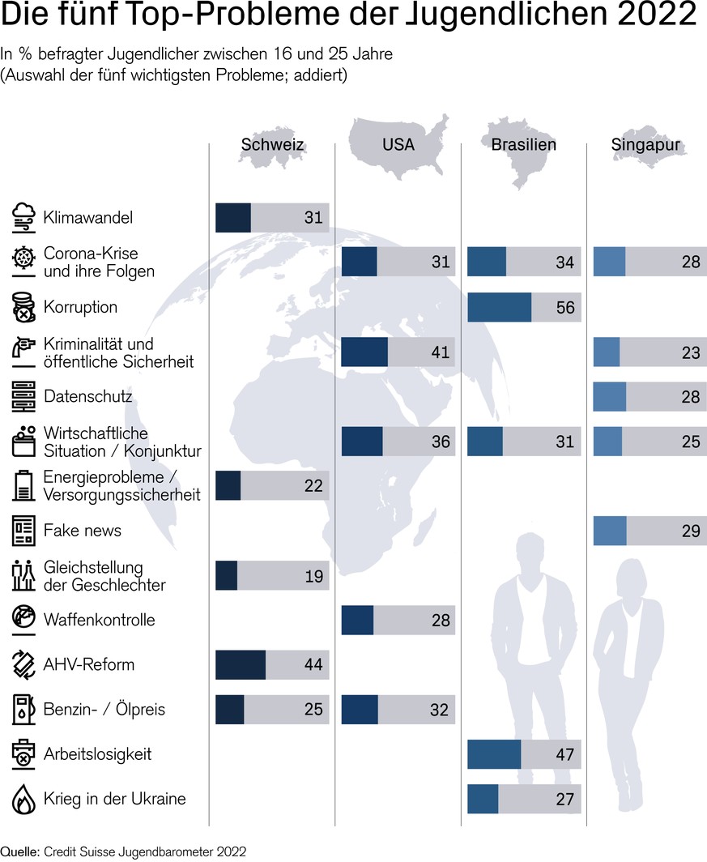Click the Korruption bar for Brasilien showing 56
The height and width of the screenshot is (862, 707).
click(524, 308)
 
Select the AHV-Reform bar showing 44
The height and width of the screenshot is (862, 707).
click(272, 665)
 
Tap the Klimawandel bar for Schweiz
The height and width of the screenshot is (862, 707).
click(272, 218)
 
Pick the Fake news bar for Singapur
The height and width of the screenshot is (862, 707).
click(650, 531)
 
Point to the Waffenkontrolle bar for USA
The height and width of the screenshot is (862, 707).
click(398, 621)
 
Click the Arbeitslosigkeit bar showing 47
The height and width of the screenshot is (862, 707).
click(524, 754)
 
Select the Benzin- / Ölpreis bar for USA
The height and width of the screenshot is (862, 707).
click(398, 710)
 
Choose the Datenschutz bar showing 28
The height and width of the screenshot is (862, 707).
click(650, 397)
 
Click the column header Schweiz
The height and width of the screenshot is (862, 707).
click(272, 145)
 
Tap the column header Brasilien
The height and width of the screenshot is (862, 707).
click(524, 145)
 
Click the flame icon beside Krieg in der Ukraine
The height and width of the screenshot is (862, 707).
click(23, 800)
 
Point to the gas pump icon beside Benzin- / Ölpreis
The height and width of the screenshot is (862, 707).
click(23, 710)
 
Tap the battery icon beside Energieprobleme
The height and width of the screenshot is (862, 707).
click(23, 486)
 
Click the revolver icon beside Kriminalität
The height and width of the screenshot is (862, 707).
click(23, 352)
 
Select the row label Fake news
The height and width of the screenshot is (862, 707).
click(83, 531)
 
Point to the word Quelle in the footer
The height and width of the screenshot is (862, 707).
click(19, 851)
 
